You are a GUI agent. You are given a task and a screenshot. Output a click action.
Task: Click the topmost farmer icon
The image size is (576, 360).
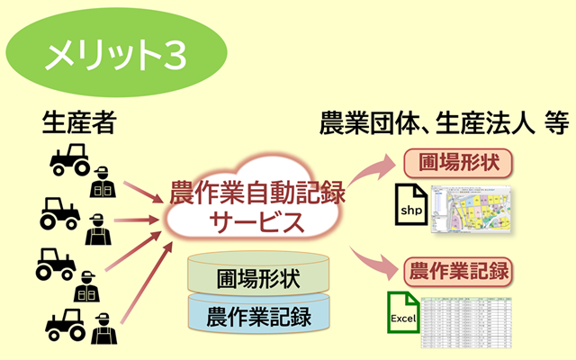(102, 180)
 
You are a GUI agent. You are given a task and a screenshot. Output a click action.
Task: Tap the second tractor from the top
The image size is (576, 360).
(61, 214)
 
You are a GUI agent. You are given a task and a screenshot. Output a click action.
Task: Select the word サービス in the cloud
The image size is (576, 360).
(256, 222)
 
